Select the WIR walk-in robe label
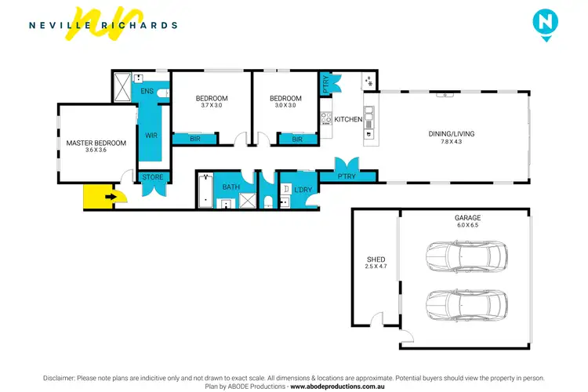[152, 135]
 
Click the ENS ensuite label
[147, 92]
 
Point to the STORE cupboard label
[153, 177]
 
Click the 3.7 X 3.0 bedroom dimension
[212, 106]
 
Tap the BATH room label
[230, 187]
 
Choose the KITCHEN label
[348, 120]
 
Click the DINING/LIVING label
[451, 134]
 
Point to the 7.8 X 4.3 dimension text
[451, 142]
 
